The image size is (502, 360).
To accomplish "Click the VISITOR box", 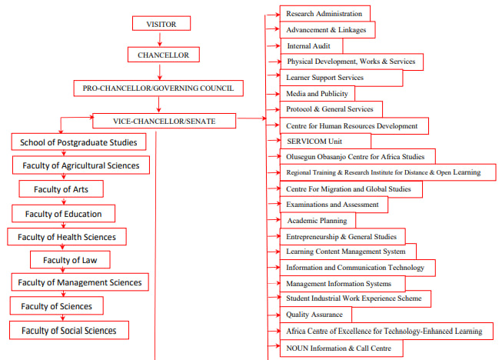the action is [161, 23].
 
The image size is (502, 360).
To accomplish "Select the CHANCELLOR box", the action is [164, 55].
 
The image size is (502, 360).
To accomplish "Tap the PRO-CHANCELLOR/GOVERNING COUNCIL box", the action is [158, 88].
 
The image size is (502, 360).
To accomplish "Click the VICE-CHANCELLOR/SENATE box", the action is [165, 121].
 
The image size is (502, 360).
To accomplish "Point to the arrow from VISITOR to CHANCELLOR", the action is [160, 38].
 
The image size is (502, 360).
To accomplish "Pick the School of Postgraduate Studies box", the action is [78, 142].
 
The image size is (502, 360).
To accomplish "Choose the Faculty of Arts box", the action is [62, 189].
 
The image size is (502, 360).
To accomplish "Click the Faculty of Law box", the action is [70, 260].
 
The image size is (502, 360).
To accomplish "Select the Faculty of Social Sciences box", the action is [69, 330].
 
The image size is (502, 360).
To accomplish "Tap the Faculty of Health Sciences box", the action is [67, 237].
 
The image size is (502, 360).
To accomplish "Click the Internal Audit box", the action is [311, 46].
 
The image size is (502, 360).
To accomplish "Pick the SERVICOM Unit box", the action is [325, 142].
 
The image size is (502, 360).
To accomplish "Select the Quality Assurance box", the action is [316, 315].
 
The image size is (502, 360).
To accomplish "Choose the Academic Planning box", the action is [317, 220].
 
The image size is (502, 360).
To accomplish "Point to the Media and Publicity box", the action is [317, 94].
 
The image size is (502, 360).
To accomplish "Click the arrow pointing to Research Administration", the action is [272, 15].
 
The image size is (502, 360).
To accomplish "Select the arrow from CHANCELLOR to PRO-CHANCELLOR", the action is [160, 72].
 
